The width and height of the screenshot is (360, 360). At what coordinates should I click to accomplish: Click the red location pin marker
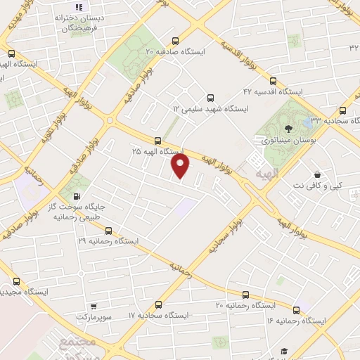[181, 166]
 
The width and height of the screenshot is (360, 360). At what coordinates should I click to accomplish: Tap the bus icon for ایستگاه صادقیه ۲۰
[175, 41]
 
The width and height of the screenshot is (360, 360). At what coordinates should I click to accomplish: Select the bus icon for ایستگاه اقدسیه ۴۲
[273, 80]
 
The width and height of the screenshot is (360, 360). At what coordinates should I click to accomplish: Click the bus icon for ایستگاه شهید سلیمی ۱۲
[210, 98]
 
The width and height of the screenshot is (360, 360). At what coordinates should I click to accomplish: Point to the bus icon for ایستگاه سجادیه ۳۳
[343, 110]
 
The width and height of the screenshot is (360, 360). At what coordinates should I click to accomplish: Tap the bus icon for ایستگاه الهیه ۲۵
[158, 140]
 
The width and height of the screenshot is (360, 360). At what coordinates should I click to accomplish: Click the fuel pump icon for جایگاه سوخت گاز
[77, 196]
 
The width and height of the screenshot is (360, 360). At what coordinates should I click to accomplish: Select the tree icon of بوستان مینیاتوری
[289, 129]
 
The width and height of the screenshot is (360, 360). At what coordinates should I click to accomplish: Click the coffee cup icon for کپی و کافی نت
[318, 174]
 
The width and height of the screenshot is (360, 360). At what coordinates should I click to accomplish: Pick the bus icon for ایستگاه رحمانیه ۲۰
[245, 295]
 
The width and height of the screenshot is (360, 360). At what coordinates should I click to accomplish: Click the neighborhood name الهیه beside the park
[267, 172]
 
